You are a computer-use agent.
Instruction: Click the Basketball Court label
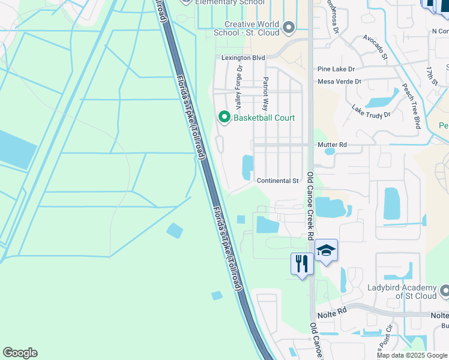264,118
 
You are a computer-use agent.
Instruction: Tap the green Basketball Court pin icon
224,117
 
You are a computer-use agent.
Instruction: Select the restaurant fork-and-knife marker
301,263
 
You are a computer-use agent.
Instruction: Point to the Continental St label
277,181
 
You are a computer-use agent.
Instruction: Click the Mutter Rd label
332,145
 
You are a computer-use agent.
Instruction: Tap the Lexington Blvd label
243,58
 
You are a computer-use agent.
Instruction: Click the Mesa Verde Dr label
339,81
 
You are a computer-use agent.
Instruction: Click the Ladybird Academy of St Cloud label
402,292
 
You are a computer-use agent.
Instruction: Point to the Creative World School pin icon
289,28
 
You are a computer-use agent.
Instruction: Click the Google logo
20,353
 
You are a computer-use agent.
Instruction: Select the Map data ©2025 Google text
412,355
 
